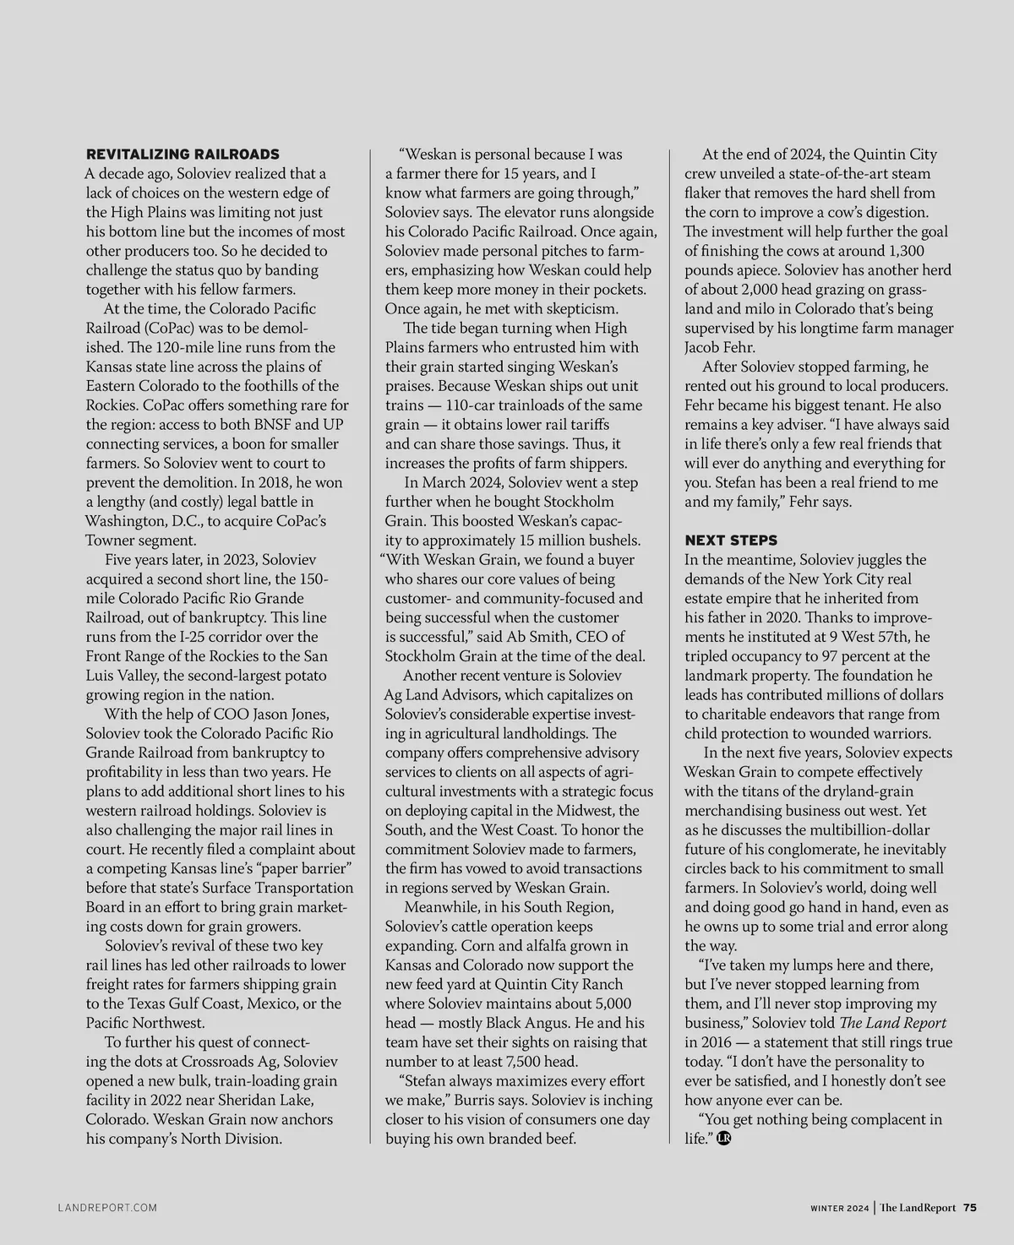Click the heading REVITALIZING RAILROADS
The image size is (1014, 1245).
183,155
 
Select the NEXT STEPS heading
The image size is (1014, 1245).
731,540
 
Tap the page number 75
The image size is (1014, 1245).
969,1207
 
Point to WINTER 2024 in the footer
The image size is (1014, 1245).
835,1208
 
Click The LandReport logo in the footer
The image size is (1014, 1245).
918,1208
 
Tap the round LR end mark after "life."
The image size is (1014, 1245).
723,1139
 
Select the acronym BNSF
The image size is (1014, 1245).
270,425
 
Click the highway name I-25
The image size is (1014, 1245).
198,637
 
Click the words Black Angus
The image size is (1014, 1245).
526,1023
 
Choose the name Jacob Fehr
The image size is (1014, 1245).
719,347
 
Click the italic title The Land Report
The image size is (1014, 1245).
893,1023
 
